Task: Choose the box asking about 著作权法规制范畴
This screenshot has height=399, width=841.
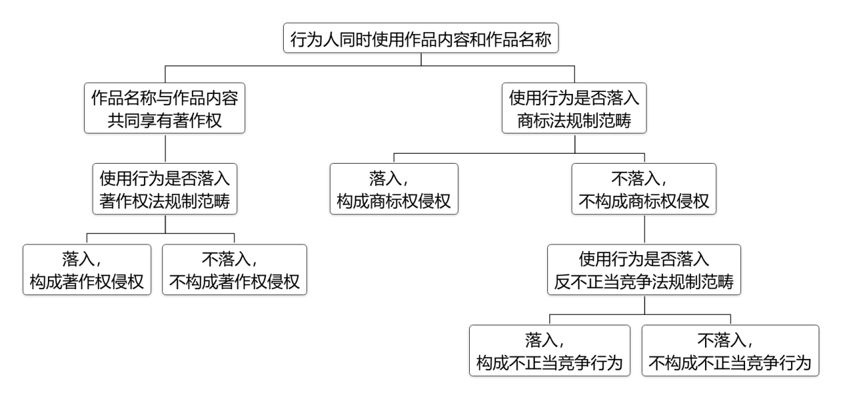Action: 165,189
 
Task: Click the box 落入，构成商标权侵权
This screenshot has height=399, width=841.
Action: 394,189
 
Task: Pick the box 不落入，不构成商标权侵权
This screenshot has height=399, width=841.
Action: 644,189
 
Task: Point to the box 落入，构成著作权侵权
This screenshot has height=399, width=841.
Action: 87,270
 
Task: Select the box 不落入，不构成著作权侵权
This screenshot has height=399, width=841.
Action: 235,270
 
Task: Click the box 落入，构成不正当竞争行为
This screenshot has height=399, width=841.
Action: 550,351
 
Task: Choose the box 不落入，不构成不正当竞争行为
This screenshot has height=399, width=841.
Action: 730,351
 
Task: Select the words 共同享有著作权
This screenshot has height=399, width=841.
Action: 165,121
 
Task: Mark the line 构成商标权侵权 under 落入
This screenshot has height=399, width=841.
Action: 394,202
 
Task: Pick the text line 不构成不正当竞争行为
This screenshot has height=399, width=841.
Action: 730,363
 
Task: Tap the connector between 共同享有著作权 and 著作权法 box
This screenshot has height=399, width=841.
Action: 165,149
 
